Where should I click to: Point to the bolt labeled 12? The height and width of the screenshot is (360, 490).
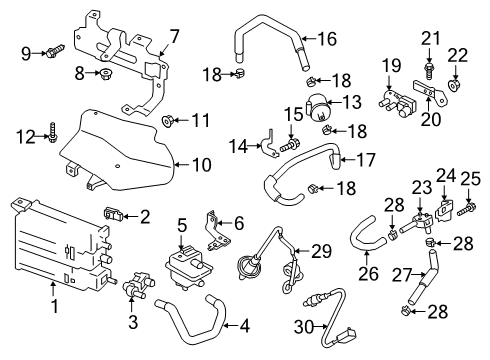[53, 130]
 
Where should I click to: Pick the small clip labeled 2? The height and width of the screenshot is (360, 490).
[113, 212]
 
